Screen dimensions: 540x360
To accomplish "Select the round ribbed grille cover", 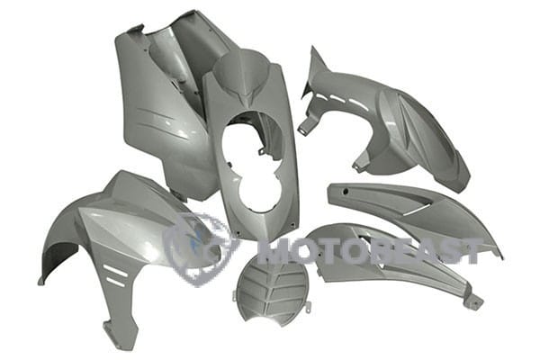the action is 271,289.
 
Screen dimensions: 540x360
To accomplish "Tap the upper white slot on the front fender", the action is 116,270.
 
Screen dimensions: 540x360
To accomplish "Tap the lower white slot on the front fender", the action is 116,282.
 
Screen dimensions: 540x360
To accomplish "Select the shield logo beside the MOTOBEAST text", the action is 199,248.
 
